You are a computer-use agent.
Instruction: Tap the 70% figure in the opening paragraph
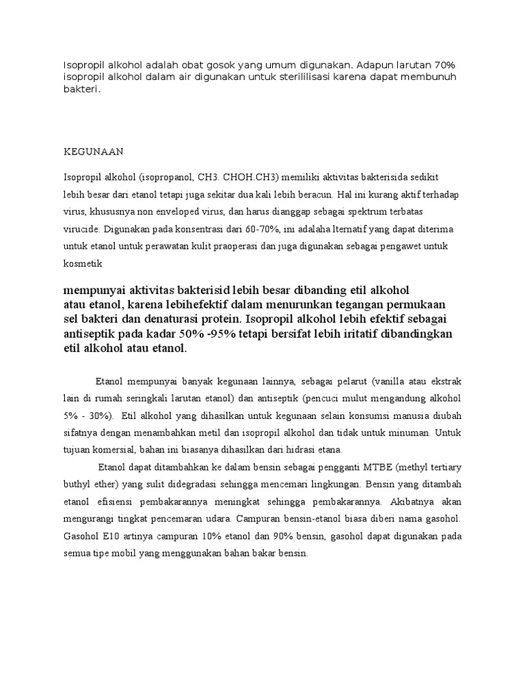(x=443, y=65)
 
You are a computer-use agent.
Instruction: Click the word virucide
(x=83, y=229)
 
